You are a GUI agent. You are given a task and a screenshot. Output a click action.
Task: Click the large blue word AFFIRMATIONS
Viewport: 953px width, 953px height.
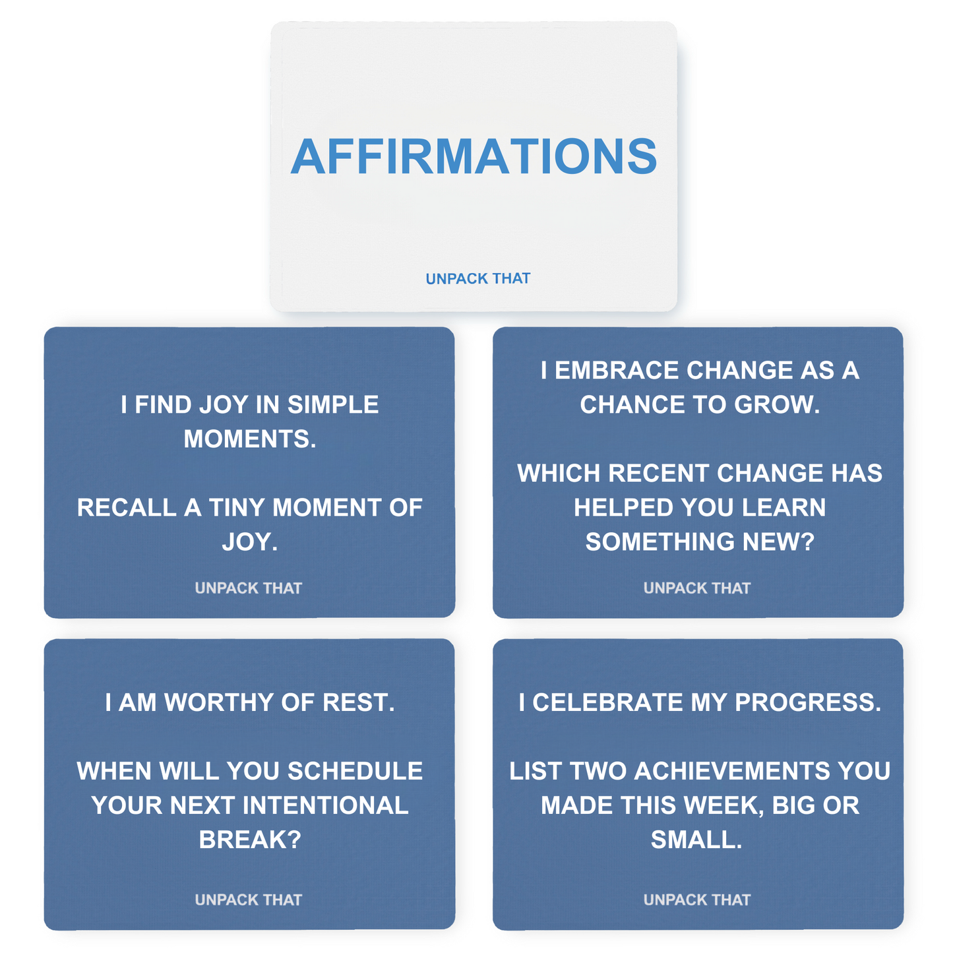tap(474, 157)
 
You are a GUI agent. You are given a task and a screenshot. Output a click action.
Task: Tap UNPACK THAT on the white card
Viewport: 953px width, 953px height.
tap(477, 278)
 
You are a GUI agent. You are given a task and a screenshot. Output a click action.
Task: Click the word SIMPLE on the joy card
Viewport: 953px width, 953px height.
tap(333, 404)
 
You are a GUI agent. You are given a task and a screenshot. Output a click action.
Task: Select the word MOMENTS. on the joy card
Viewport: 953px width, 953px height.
tap(250, 439)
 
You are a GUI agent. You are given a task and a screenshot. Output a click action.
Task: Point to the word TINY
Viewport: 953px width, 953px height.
tap(237, 507)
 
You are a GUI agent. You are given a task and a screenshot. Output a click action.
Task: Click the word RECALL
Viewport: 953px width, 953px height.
tap(127, 507)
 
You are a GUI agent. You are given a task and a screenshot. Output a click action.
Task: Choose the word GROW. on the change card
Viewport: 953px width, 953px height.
tap(777, 404)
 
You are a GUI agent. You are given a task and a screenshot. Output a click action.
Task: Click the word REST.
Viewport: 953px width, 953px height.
tap(359, 702)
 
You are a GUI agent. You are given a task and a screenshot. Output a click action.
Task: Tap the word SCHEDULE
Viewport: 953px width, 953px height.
tap(355, 771)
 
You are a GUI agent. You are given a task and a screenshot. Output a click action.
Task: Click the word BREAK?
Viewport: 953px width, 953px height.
tap(250, 840)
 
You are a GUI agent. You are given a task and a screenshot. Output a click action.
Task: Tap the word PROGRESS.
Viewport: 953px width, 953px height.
tap(808, 702)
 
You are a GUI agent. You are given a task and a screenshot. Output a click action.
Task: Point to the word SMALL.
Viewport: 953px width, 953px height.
tap(696, 840)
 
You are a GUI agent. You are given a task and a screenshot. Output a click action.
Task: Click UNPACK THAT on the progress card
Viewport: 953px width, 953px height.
tap(697, 900)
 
